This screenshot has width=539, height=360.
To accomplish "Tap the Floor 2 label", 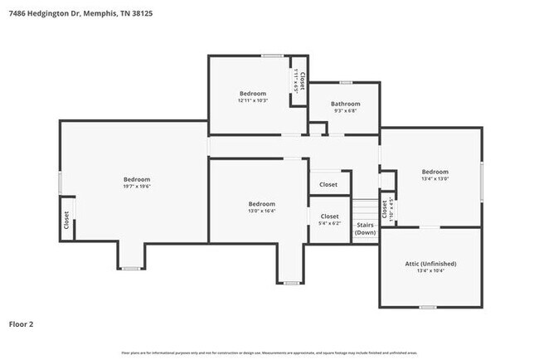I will click(x=22, y=324).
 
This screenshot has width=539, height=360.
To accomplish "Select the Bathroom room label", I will click(x=345, y=104).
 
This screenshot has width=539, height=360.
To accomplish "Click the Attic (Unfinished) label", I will click(x=430, y=263).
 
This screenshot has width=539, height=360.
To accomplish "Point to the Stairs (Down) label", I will click(x=365, y=228).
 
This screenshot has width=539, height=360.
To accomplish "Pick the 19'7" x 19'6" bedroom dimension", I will click(x=137, y=187).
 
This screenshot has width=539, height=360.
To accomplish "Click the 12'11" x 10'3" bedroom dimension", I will click(x=253, y=100).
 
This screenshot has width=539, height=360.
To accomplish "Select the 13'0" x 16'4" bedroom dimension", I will click(x=261, y=211).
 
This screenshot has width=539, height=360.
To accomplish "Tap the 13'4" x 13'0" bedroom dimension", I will click(x=435, y=178).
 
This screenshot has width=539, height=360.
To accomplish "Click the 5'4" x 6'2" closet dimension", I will click(x=329, y=223).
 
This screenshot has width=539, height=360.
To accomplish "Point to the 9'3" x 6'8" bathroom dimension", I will click(x=345, y=110).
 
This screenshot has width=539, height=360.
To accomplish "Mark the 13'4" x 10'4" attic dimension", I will click(x=430, y=270).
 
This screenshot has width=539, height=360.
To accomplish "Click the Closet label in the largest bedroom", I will click(x=66, y=220).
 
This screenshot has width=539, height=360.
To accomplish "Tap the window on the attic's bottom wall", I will click(x=427, y=306).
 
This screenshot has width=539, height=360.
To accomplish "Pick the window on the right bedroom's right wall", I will click(x=481, y=178).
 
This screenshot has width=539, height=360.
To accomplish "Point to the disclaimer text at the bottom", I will click(x=269, y=353).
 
